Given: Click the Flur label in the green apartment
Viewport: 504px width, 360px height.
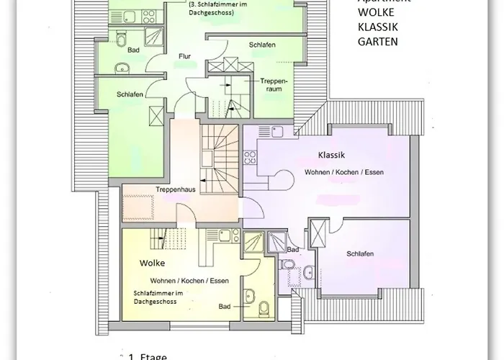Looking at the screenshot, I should click(185, 55).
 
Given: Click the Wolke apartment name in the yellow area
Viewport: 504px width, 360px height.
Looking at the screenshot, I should click(153, 264).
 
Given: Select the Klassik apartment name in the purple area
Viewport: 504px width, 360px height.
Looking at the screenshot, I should click(332, 155).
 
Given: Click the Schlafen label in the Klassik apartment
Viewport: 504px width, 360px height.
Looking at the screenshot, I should click(359, 254).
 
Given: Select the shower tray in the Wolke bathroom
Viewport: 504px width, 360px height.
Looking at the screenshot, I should click(254, 243).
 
